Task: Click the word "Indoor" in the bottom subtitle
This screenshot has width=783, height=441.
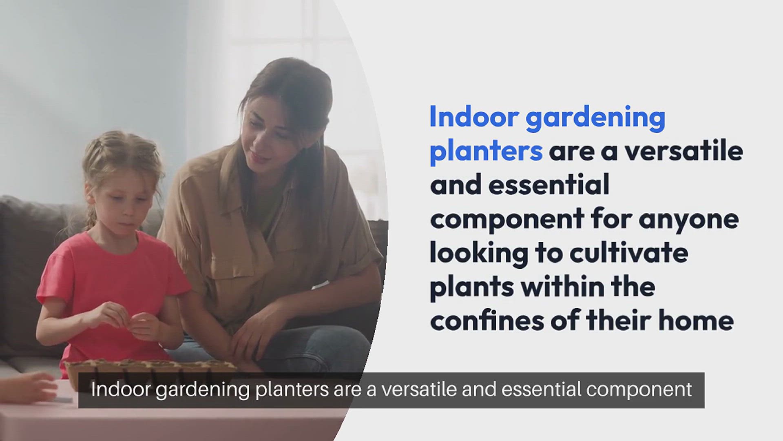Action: [x=121, y=390]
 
